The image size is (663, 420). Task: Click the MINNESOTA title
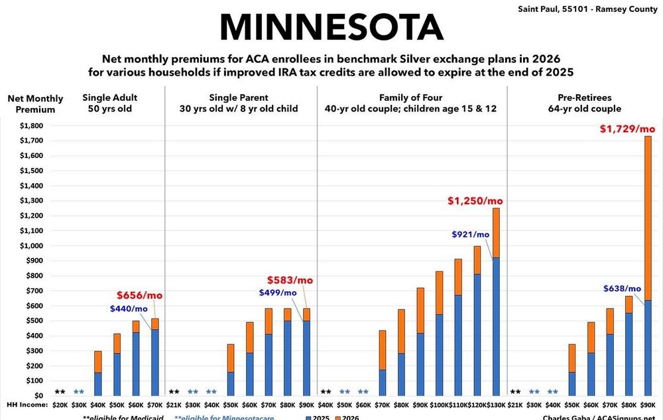(x=331, y=27)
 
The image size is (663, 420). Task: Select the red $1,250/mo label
(x=474, y=201)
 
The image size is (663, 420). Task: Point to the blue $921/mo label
(x=470, y=234)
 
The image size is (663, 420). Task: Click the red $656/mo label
(x=139, y=295)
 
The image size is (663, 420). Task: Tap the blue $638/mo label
(x=621, y=289)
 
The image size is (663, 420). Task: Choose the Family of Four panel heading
(x=412, y=103)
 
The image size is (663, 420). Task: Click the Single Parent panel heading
(x=239, y=103)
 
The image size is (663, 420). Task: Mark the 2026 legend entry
(x=349, y=416)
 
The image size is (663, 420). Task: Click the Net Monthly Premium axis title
(x=32, y=104)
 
